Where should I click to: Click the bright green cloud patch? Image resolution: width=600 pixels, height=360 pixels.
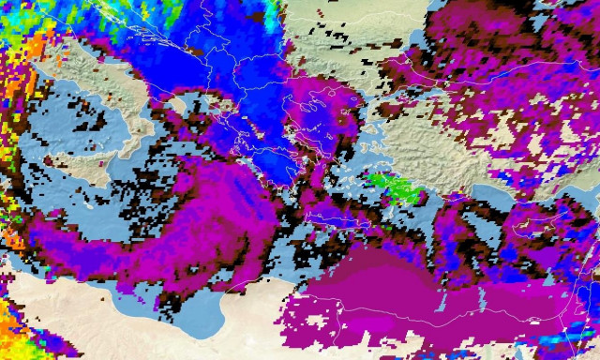tap(394, 185)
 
